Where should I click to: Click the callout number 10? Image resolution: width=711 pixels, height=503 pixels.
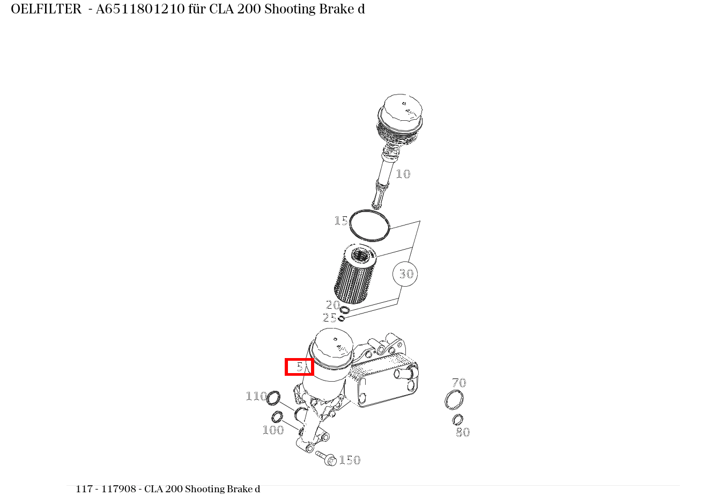click(x=403, y=174)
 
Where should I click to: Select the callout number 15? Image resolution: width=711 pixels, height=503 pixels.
click(x=340, y=221)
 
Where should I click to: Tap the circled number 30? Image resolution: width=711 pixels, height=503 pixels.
click(x=405, y=274)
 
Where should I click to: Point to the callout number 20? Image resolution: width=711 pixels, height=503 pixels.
click(x=333, y=305)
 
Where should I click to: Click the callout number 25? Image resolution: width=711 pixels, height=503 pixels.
click(x=329, y=318)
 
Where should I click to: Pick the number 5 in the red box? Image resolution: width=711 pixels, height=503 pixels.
click(x=299, y=367)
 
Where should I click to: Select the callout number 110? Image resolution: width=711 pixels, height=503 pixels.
click(x=256, y=396)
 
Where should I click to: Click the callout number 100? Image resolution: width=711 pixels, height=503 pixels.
click(x=273, y=430)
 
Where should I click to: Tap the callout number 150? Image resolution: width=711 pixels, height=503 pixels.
click(x=350, y=460)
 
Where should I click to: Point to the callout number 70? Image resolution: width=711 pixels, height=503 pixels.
click(x=459, y=383)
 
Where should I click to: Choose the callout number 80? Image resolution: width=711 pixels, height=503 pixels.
click(x=463, y=432)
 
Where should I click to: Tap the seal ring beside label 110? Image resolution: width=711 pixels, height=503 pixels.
click(x=273, y=398)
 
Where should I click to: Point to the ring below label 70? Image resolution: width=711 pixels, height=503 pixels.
click(x=454, y=400)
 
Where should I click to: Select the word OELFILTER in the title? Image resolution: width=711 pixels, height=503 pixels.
click(x=46, y=9)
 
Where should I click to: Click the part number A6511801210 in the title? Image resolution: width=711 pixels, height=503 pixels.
click(x=140, y=9)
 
